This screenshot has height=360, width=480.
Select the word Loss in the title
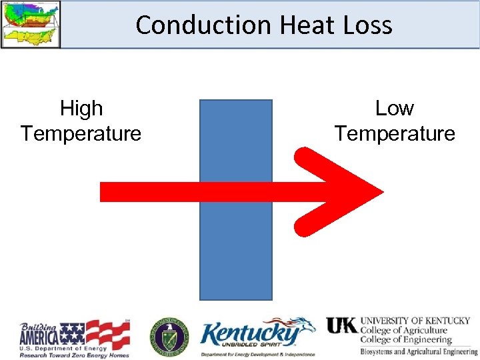pos(368,25)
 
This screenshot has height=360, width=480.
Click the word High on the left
pos(81,108)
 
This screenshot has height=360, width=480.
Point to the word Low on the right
pos(395,108)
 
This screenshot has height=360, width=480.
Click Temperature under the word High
pos(81,133)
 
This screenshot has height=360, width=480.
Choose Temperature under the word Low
pos(395,133)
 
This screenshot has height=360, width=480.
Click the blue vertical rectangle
pos(236,253)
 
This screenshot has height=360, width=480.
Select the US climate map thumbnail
pos(31,24)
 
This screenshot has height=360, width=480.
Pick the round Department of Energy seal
pos(169,335)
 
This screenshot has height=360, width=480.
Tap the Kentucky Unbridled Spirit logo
pos(257,337)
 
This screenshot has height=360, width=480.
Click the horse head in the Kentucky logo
pos(306,327)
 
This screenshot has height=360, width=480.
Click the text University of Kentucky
pos(415,321)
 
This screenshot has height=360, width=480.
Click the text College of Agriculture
pos(404,331)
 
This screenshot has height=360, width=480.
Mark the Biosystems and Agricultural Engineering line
pos(419,351)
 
